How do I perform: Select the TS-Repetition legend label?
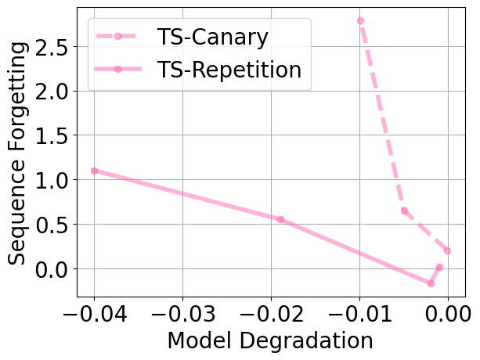pyautogui.click(x=229, y=69)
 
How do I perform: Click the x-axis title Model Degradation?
pyautogui.click(x=270, y=342)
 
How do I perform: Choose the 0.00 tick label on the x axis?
pyautogui.click(x=448, y=315)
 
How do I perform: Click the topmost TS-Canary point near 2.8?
pyautogui.click(x=360, y=20)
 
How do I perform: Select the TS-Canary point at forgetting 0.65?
pyautogui.click(x=404, y=211)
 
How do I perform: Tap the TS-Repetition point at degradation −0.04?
pyautogui.click(x=95, y=171)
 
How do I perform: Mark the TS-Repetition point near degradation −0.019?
pyautogui.click(x=280, y=219)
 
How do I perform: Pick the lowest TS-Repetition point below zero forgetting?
pyautogui.click(x=431, y=283)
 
